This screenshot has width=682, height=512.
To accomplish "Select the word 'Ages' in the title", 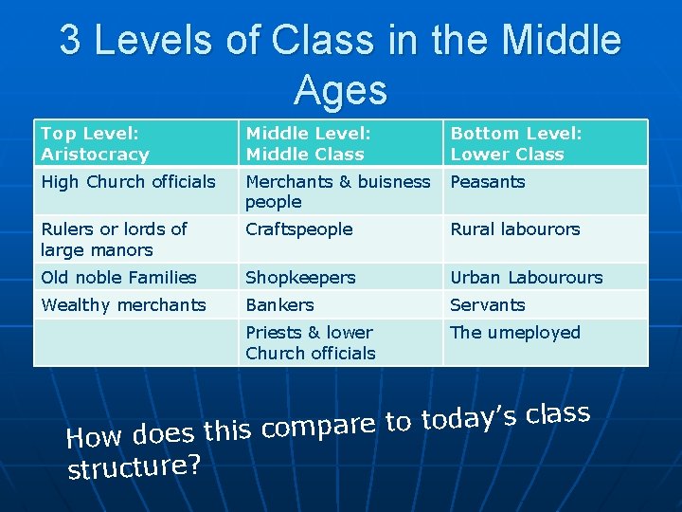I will (x=340, y=90).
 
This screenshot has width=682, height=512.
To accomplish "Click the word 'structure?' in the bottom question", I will (x=134, y=467).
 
